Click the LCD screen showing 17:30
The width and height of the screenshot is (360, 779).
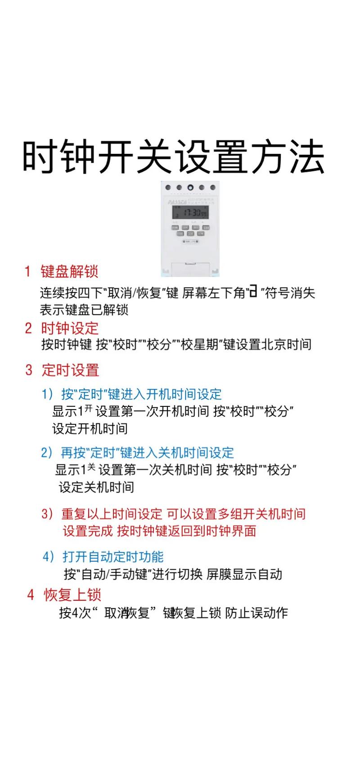[190, 212]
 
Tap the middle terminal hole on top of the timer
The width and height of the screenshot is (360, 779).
[190, 188]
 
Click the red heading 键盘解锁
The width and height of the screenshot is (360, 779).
[69, 271]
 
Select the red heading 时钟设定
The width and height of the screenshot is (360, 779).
[70, 328]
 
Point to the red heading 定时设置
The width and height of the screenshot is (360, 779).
[70, 370]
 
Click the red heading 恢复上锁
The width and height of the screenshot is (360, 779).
[72, 595]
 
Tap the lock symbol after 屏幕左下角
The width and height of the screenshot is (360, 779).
[253, 293]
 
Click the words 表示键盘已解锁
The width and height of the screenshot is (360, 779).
[84, 310]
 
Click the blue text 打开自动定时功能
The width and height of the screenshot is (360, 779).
[112, 557]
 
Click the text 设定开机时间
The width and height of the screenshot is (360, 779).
[90, 428]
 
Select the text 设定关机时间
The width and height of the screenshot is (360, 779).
[96, 487]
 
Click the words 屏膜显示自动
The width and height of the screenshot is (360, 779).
[244, 574]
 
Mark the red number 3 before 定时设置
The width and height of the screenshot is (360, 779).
[29, 370]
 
